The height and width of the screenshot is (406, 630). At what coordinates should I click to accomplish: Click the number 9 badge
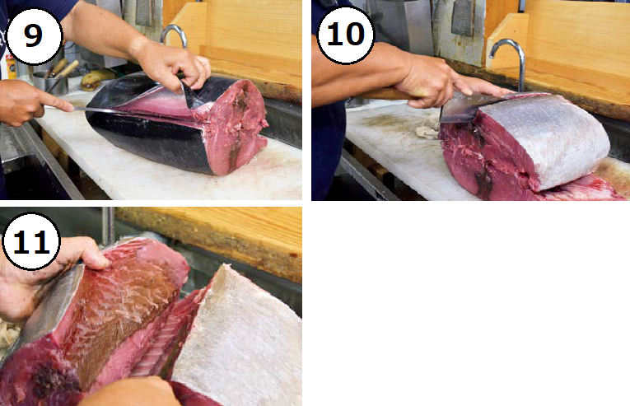tap(34, 35)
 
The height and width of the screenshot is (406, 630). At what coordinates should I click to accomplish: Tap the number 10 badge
tap(346, 35)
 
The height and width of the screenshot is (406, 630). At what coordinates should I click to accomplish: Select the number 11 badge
tap(31, 241)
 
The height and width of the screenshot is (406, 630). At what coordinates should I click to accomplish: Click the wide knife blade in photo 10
tap(462, 106)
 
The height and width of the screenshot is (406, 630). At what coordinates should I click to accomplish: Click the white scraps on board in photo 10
tap(428, 128)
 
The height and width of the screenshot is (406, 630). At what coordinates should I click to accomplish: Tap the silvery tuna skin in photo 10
tap(547, 137)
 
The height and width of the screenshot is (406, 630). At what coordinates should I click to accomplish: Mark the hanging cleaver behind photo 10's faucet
tap(464, 18)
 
